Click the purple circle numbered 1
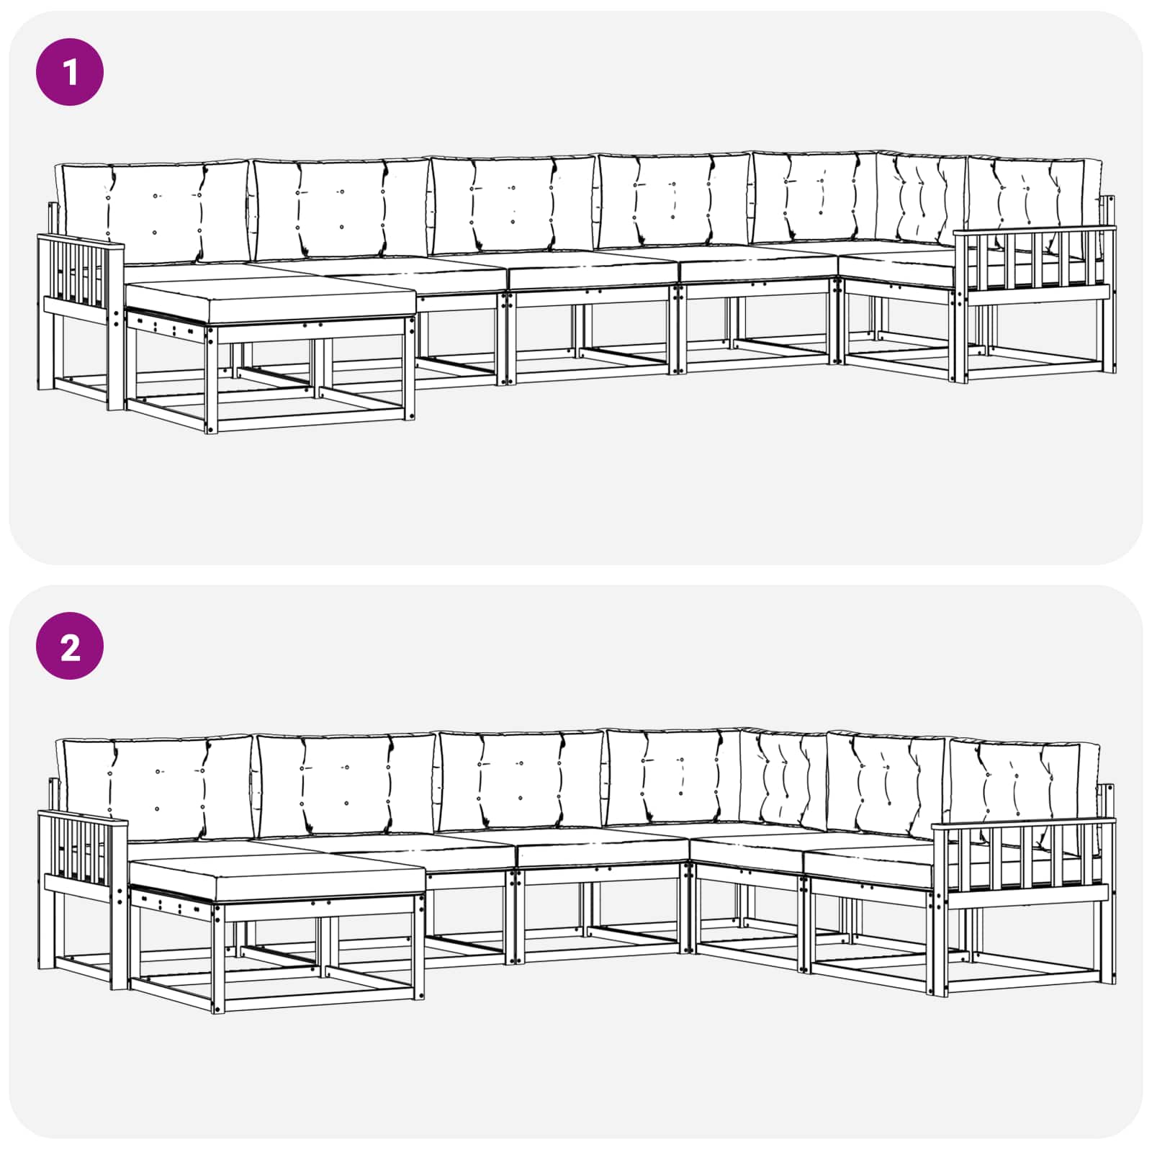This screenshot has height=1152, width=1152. (x=70, y=73)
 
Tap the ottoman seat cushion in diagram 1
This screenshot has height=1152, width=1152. (x=271, y=302)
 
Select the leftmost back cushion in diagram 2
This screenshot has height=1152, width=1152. (x=156, y=788)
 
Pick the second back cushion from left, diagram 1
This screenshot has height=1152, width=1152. (x=341, y=209)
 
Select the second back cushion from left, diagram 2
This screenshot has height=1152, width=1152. (x=346, y=786)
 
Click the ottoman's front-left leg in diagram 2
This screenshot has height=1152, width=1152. (x=218, y=958)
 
